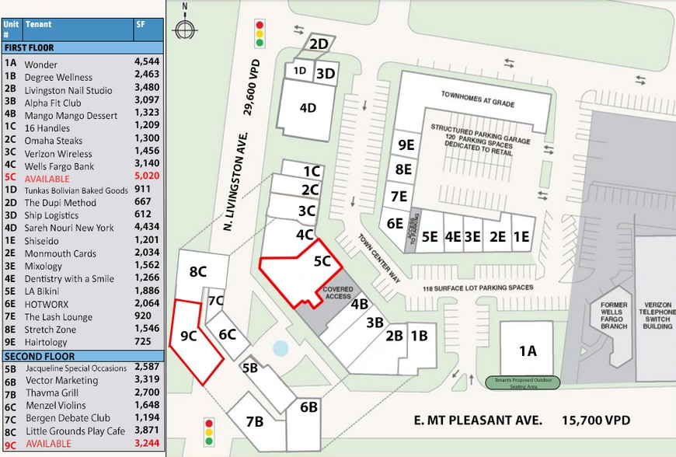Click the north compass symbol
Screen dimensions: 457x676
pos(184,30)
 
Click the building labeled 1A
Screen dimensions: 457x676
pos(528,351)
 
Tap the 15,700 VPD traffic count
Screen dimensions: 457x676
pos(596,420)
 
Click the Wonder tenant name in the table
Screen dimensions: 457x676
pos(40,65)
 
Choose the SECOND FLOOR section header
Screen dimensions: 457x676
pos(33,355)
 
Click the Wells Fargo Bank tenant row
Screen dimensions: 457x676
pos(59,166)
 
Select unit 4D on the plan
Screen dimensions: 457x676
pos(308,108)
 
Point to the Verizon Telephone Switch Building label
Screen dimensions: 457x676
pos(657,316)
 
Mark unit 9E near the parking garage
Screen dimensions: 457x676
pos(405,145)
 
